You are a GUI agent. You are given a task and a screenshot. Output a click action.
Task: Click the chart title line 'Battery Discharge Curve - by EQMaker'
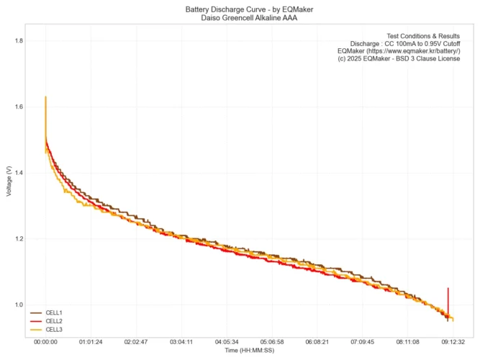(x=240, y=9)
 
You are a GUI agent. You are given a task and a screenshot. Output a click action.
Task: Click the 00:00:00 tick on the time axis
(x=45, y=343)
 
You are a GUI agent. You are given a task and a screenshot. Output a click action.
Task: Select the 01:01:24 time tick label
(x=91, y=343)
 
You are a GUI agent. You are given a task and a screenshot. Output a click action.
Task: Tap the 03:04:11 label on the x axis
(x=181, y=343)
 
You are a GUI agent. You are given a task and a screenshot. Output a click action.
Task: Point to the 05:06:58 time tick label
(x=272, y=343)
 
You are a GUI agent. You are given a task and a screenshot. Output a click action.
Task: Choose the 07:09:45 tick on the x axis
(x=363, y=343)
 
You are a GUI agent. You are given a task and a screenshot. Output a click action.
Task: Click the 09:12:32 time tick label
(x=453, y=343)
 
